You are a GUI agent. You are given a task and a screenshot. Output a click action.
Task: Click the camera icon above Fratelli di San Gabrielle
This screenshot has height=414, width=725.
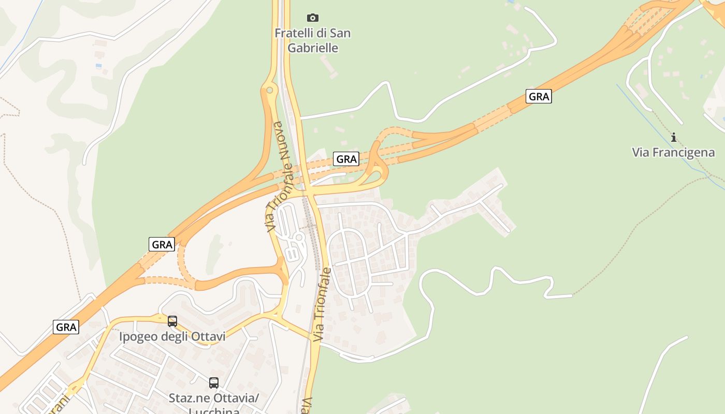pyautogui.click(x=312, y=18)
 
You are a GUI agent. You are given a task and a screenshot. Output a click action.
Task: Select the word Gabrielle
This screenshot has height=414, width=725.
pyautogui.click(x=313, y=48)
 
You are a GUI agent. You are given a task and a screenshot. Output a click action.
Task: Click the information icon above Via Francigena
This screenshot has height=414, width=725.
pyautogui.click(x=674, y=137)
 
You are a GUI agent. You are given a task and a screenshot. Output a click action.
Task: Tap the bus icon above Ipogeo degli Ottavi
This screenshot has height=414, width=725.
pyautogui.click(x=172, y=321)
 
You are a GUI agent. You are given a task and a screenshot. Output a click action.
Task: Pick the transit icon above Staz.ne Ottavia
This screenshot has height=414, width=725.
pyautogui.click(x=214, y=383)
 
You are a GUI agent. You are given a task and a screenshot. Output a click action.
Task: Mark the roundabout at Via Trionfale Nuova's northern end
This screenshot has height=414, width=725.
pyautogui.click(x=269, y=91)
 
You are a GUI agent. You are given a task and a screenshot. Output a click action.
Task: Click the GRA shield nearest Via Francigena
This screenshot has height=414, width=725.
pyautogui.click(x=539, y=96)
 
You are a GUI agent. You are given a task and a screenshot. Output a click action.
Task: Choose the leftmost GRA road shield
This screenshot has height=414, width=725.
pyautogui.click(x=66, y=327)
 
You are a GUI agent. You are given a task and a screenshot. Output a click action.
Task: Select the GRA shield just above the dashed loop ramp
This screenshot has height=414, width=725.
pyautogui.click(x=162, y=244)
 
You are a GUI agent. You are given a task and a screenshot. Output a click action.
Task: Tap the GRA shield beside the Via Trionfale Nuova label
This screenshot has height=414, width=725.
pyautogui.click(x=346, y=159)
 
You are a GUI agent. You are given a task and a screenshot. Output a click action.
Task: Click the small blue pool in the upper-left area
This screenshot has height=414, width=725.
pyautogui.click(x=98, y=66)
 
